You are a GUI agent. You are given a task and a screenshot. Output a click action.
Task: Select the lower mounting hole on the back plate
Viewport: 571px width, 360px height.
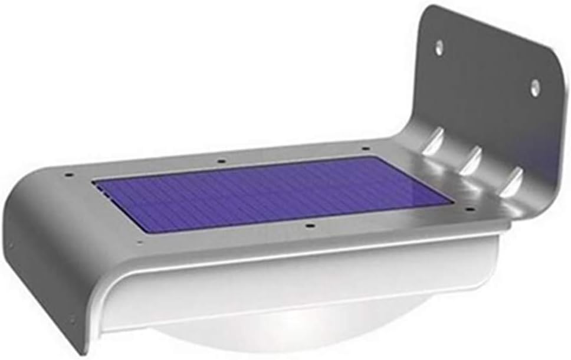(534, 89)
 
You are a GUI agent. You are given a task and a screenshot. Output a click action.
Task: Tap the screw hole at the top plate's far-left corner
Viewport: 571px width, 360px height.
(69, 175)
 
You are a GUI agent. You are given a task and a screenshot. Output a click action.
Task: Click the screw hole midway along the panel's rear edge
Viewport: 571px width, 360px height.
(221, 159)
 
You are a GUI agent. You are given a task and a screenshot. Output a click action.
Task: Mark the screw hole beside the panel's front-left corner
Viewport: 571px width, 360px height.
(139, 241)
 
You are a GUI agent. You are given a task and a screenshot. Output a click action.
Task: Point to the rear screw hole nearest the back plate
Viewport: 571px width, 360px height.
(366, 148)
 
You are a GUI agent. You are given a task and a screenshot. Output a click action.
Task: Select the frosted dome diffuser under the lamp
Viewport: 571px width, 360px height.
(295, 336)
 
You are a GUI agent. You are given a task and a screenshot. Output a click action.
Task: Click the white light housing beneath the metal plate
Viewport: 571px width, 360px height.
(307, 283)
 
